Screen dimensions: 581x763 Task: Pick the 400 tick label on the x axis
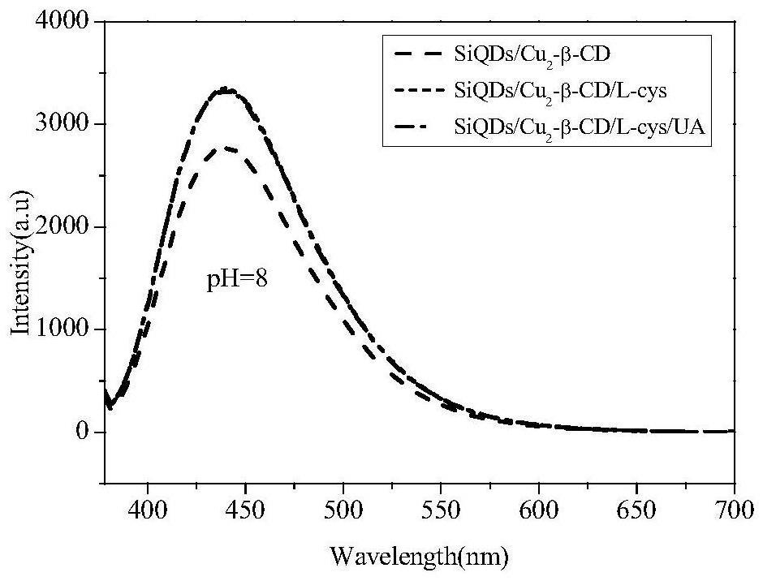tap(147, 514)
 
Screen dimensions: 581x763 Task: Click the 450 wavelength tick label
tap(245, 514)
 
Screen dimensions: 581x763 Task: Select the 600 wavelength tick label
tap(539, 514)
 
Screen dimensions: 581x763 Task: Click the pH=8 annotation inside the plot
tap(236, 282)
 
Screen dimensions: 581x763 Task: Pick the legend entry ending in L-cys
tap(559, 92)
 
